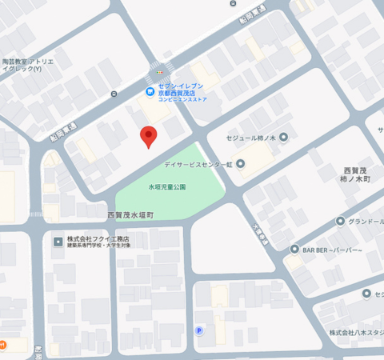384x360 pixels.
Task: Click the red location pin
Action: (148, 137)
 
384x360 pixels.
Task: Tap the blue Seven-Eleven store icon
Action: (150, 92)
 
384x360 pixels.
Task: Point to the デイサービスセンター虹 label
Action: (198, 164)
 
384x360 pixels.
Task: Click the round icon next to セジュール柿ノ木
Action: (284, 137)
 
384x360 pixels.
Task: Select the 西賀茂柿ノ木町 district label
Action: (357, 174)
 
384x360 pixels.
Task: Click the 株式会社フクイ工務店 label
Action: (98, 240)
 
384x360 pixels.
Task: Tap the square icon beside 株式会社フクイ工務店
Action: (58, 241)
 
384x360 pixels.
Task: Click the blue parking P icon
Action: (199, 330)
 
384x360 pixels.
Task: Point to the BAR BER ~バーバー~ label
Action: (332, 250)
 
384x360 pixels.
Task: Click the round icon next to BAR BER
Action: (294, 250)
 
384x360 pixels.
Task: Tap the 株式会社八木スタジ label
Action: (356, 332)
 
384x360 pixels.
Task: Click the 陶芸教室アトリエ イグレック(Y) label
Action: (26, 65)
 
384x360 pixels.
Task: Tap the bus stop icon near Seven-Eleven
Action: (114, 94)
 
